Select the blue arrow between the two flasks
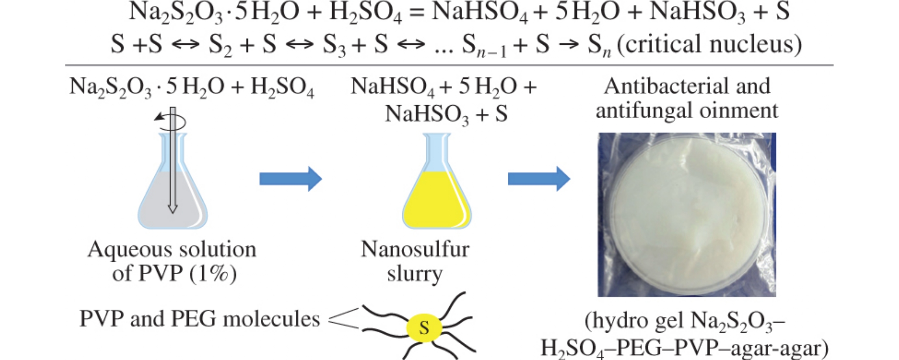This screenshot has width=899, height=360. [x=290, y=178]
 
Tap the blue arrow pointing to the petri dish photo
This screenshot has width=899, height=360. [x=539, y=178]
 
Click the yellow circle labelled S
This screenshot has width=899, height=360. [x=424, y=327]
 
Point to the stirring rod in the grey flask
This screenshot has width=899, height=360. [x=173, y=163]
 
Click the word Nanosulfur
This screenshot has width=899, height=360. [x=415, y=249]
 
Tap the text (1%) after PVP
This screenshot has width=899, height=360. [x=213, y=273]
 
